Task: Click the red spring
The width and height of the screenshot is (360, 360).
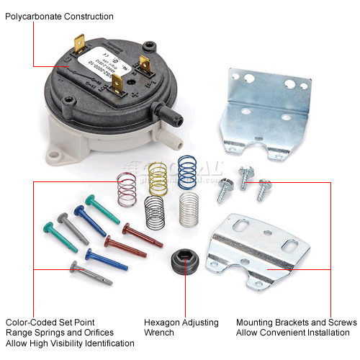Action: pyautogui.click(x=127, y=186)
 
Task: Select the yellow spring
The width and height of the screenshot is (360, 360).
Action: pyautogui.click(x=157, y=178)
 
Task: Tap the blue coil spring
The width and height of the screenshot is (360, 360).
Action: pyautogui.click(x=187, y=173)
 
